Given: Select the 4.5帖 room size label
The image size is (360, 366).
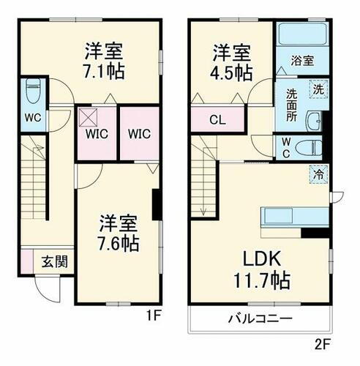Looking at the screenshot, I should pos(232,72).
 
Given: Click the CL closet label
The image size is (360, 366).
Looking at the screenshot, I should pos(217,120).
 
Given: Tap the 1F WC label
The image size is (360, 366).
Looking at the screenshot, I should pos(31,117).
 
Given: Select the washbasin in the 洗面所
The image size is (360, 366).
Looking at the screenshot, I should pos(315,121).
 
